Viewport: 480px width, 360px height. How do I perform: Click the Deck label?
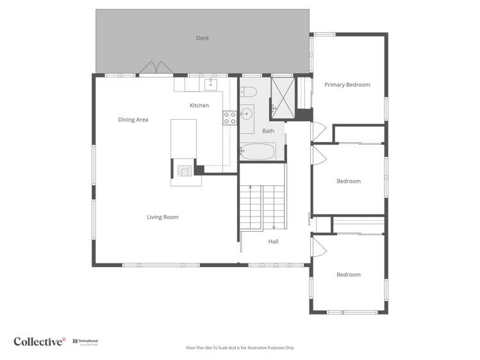[x=203, y=38]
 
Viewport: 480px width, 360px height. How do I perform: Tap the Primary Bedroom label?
[x=347, y=85]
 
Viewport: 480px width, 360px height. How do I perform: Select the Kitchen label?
[x=199, y=105]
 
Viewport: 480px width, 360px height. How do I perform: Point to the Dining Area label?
[x=133, y=120]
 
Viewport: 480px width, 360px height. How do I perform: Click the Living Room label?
[x=163, y=217]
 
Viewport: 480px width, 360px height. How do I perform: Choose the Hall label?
[x=274, y=241]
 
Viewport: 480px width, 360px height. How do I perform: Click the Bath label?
[x=268, y=131]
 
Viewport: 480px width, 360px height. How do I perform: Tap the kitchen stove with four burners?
[x=229, y=117]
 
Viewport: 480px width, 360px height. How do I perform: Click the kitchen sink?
[x=211, y=84]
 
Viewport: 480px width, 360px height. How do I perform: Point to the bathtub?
[x=258, y=152]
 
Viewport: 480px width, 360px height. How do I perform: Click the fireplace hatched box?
[x=185, y=170]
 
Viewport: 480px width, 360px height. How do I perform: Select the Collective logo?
[x=40, y=341]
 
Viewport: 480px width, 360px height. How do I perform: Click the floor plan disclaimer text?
[x=240, y=348]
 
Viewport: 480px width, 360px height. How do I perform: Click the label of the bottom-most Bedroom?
[x=349, y=275]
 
